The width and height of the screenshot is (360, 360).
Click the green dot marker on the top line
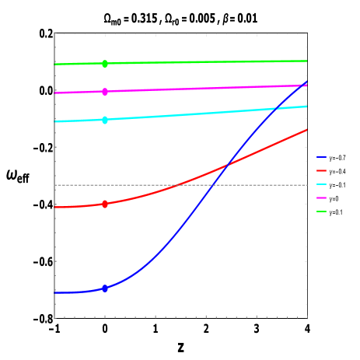pos(105,64)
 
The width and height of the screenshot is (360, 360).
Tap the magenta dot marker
pos(105,92)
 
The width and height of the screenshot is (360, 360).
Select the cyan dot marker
pos(105,120)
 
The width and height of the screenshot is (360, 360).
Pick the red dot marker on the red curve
pos(105,204)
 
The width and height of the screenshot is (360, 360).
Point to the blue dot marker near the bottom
pos(105,288)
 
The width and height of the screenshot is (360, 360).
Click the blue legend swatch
pos(321,157)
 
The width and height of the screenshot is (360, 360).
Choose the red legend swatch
pos(321,170)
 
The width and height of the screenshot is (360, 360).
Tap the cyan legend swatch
pos(321,184)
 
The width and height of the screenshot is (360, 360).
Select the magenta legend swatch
pos(321,197)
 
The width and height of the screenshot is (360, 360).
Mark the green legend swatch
pos(321,211)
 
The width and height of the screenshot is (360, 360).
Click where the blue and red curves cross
pos(226,165)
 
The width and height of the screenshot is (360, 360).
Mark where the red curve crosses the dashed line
pos(180,185)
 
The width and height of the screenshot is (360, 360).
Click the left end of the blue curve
pos(54,292)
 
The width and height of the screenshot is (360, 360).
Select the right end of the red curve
pos(307,130)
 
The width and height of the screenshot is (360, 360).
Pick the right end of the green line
pos(307,61)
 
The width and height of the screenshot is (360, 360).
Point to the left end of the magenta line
pos(54,93)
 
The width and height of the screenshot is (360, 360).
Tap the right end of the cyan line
pos(307,106)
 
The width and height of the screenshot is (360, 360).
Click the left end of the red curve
pos(54,207)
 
